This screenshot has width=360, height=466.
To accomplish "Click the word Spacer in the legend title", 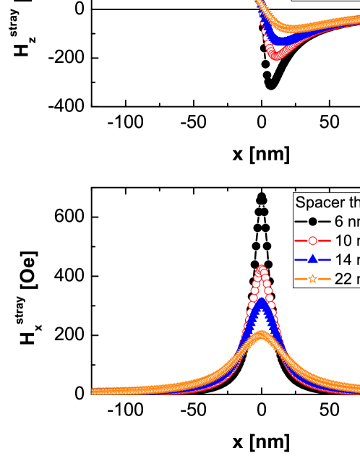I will (x=318, y=203).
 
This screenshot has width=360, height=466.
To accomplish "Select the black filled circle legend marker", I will (x=312, y=222).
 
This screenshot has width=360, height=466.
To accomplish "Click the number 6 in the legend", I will (x=339, y=222).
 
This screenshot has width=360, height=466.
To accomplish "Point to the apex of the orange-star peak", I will (x=262, y=336).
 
